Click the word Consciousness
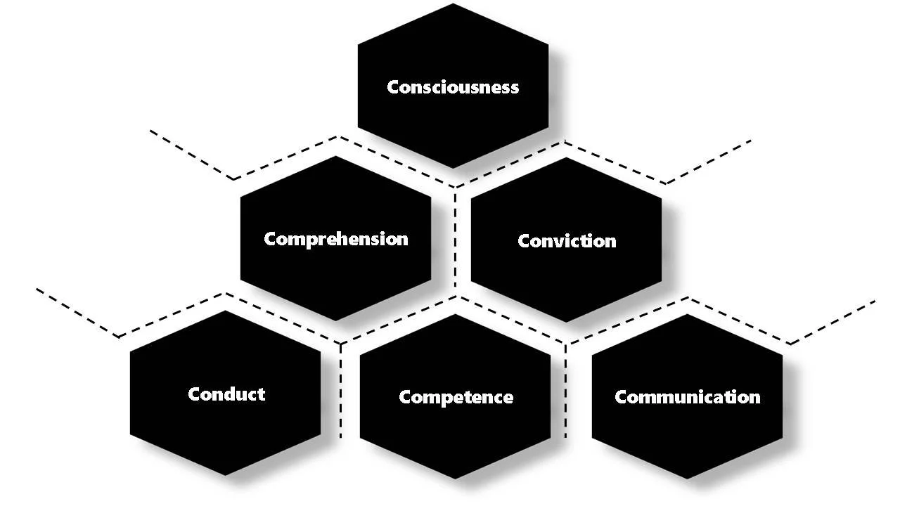453,87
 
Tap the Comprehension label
336,239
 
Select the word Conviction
567,241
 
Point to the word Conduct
226,394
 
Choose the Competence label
456,397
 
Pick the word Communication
687,397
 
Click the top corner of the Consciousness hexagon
453,4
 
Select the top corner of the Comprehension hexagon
336,156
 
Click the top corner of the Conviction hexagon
567,157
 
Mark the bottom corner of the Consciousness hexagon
453,169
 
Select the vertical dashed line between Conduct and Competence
341,390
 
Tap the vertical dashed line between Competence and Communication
566,390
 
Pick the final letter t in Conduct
262,394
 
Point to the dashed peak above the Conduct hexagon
225,294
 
